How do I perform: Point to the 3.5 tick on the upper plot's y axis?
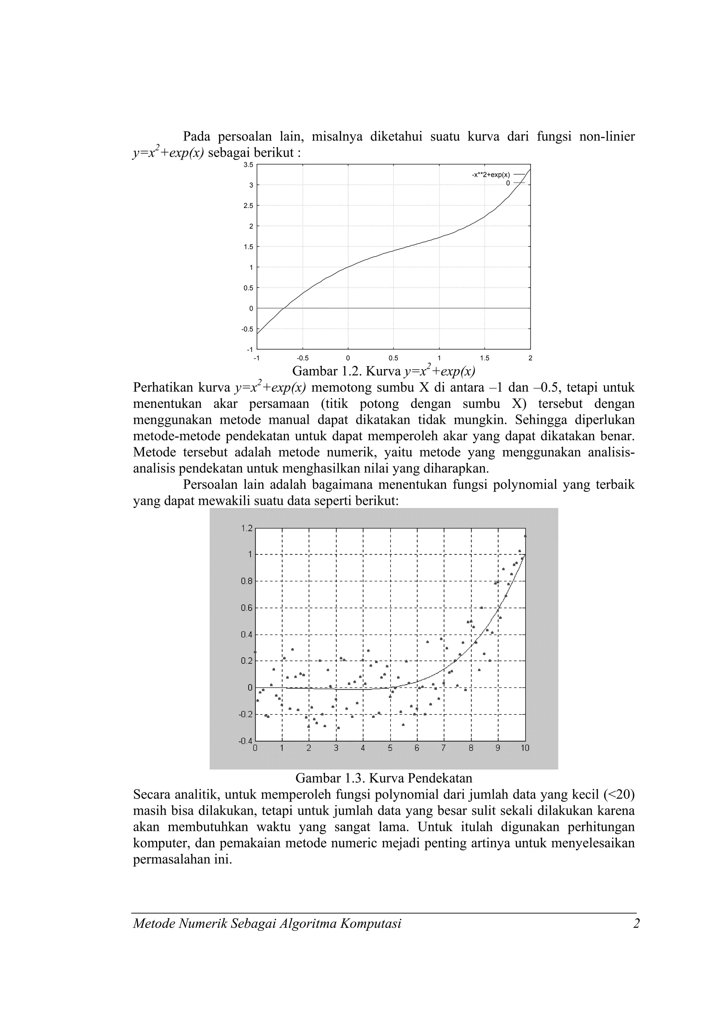point(249,165)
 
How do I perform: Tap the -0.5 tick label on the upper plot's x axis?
point(303,358)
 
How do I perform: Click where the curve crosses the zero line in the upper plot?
point(283,308)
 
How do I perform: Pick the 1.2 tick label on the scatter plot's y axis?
point(247,528)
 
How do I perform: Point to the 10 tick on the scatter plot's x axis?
point(525,748)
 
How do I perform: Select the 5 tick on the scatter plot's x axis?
point(390,748)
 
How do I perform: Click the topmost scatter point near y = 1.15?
point(525,536)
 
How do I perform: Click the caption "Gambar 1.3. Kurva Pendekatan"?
point(384,778)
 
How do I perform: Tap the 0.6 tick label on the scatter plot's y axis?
point(247,608)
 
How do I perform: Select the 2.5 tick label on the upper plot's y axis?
point(249,206)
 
